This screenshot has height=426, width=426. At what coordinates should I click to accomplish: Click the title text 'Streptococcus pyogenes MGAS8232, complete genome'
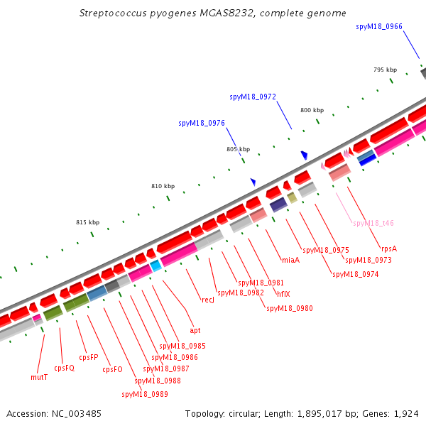pyautogui.click(x=213, y=13)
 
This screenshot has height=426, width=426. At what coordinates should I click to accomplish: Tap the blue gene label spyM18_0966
pyautogui.click(x=378, y=26)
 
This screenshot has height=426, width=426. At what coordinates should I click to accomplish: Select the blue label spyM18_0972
pyautogui.click(x=253, y=97)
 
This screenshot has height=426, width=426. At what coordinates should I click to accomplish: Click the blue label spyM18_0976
pyautogui.click(x=202, y=123)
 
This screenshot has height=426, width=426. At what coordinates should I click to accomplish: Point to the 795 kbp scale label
pyautogui.click(x=386, y=70)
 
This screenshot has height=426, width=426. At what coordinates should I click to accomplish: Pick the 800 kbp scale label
pyautogui.click(x=312, y=110)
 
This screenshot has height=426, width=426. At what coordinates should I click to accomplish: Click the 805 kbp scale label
pyautogui.click(x=239, y=149)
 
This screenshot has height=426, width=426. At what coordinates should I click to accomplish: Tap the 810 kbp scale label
pyautogui.click(x=163, y=186)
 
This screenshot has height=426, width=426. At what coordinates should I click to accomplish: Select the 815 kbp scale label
pyautogui.click(x=88, y=222)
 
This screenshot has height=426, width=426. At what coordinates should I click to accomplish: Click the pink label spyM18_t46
pyautogui.click(x=373, y=223)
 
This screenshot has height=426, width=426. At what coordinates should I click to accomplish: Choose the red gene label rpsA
pyautogui.click(x=388, y=248)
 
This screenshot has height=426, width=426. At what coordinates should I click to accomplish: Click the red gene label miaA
pyautogui.click(x=290, y=260)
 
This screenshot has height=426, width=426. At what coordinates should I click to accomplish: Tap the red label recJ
pyautogui.click(x=208, y=300)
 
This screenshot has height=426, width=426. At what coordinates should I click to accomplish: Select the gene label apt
pyautogui.click(x=195, y=330)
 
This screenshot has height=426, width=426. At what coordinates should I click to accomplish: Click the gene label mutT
pyautogui.click(x=40, y=377)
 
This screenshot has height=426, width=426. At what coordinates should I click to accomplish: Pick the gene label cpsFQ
pyautogui.click(x=65, y=368)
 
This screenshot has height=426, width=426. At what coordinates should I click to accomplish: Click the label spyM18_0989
pyautogui.click(x=145, y=394)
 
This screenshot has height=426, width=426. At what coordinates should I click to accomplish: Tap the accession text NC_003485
pyautogui.click(x=54, y=413)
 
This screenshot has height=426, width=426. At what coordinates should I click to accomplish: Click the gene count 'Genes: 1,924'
pyautogui.click(x=394, y=413)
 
